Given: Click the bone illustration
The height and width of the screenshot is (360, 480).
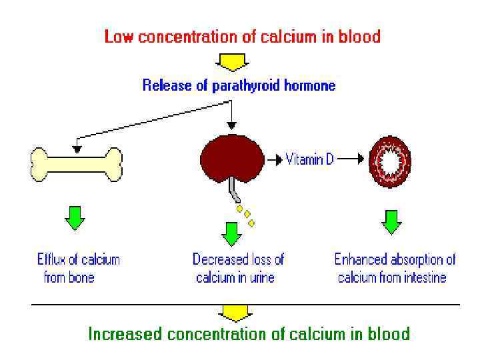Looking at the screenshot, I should [77, 165].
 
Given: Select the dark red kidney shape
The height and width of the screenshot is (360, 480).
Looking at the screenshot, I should [232, 158].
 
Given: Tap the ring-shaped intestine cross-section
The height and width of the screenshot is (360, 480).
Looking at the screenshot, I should [390, 161].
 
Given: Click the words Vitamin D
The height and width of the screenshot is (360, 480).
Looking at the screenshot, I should [310, 160].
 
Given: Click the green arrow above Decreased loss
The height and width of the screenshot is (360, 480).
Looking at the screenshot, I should [231, 233].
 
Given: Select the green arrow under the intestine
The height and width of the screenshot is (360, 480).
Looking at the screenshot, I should [392, 222].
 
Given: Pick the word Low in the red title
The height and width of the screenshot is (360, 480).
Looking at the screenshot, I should [117, 36].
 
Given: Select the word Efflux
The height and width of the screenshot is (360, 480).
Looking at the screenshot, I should [52, 259].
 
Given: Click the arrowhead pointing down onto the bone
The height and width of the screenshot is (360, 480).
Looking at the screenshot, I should [77, 147].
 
